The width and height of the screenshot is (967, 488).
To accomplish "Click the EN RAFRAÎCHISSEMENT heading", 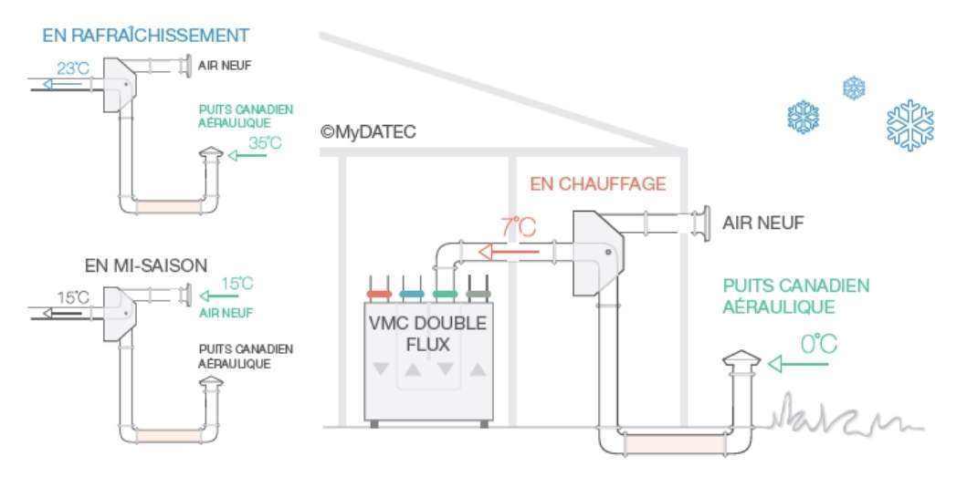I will (145, 36).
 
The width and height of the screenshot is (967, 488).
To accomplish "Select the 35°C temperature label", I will (265, 142).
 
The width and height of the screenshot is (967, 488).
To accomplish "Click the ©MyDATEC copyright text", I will (368, 132).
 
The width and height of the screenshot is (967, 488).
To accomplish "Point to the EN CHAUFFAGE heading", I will (598, 185).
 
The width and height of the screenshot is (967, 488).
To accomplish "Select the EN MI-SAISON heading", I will (146, 265).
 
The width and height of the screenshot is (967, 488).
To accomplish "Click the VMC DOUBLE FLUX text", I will (426, 335).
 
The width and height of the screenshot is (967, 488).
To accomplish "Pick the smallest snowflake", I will (854, 88).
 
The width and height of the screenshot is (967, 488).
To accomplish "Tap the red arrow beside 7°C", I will (510, 250).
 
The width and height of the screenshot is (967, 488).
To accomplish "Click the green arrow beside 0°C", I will (798, 365).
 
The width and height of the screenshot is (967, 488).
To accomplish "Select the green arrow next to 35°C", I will (247, 156).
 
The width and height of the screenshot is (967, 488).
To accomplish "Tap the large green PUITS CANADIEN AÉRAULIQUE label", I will (795, 296).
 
